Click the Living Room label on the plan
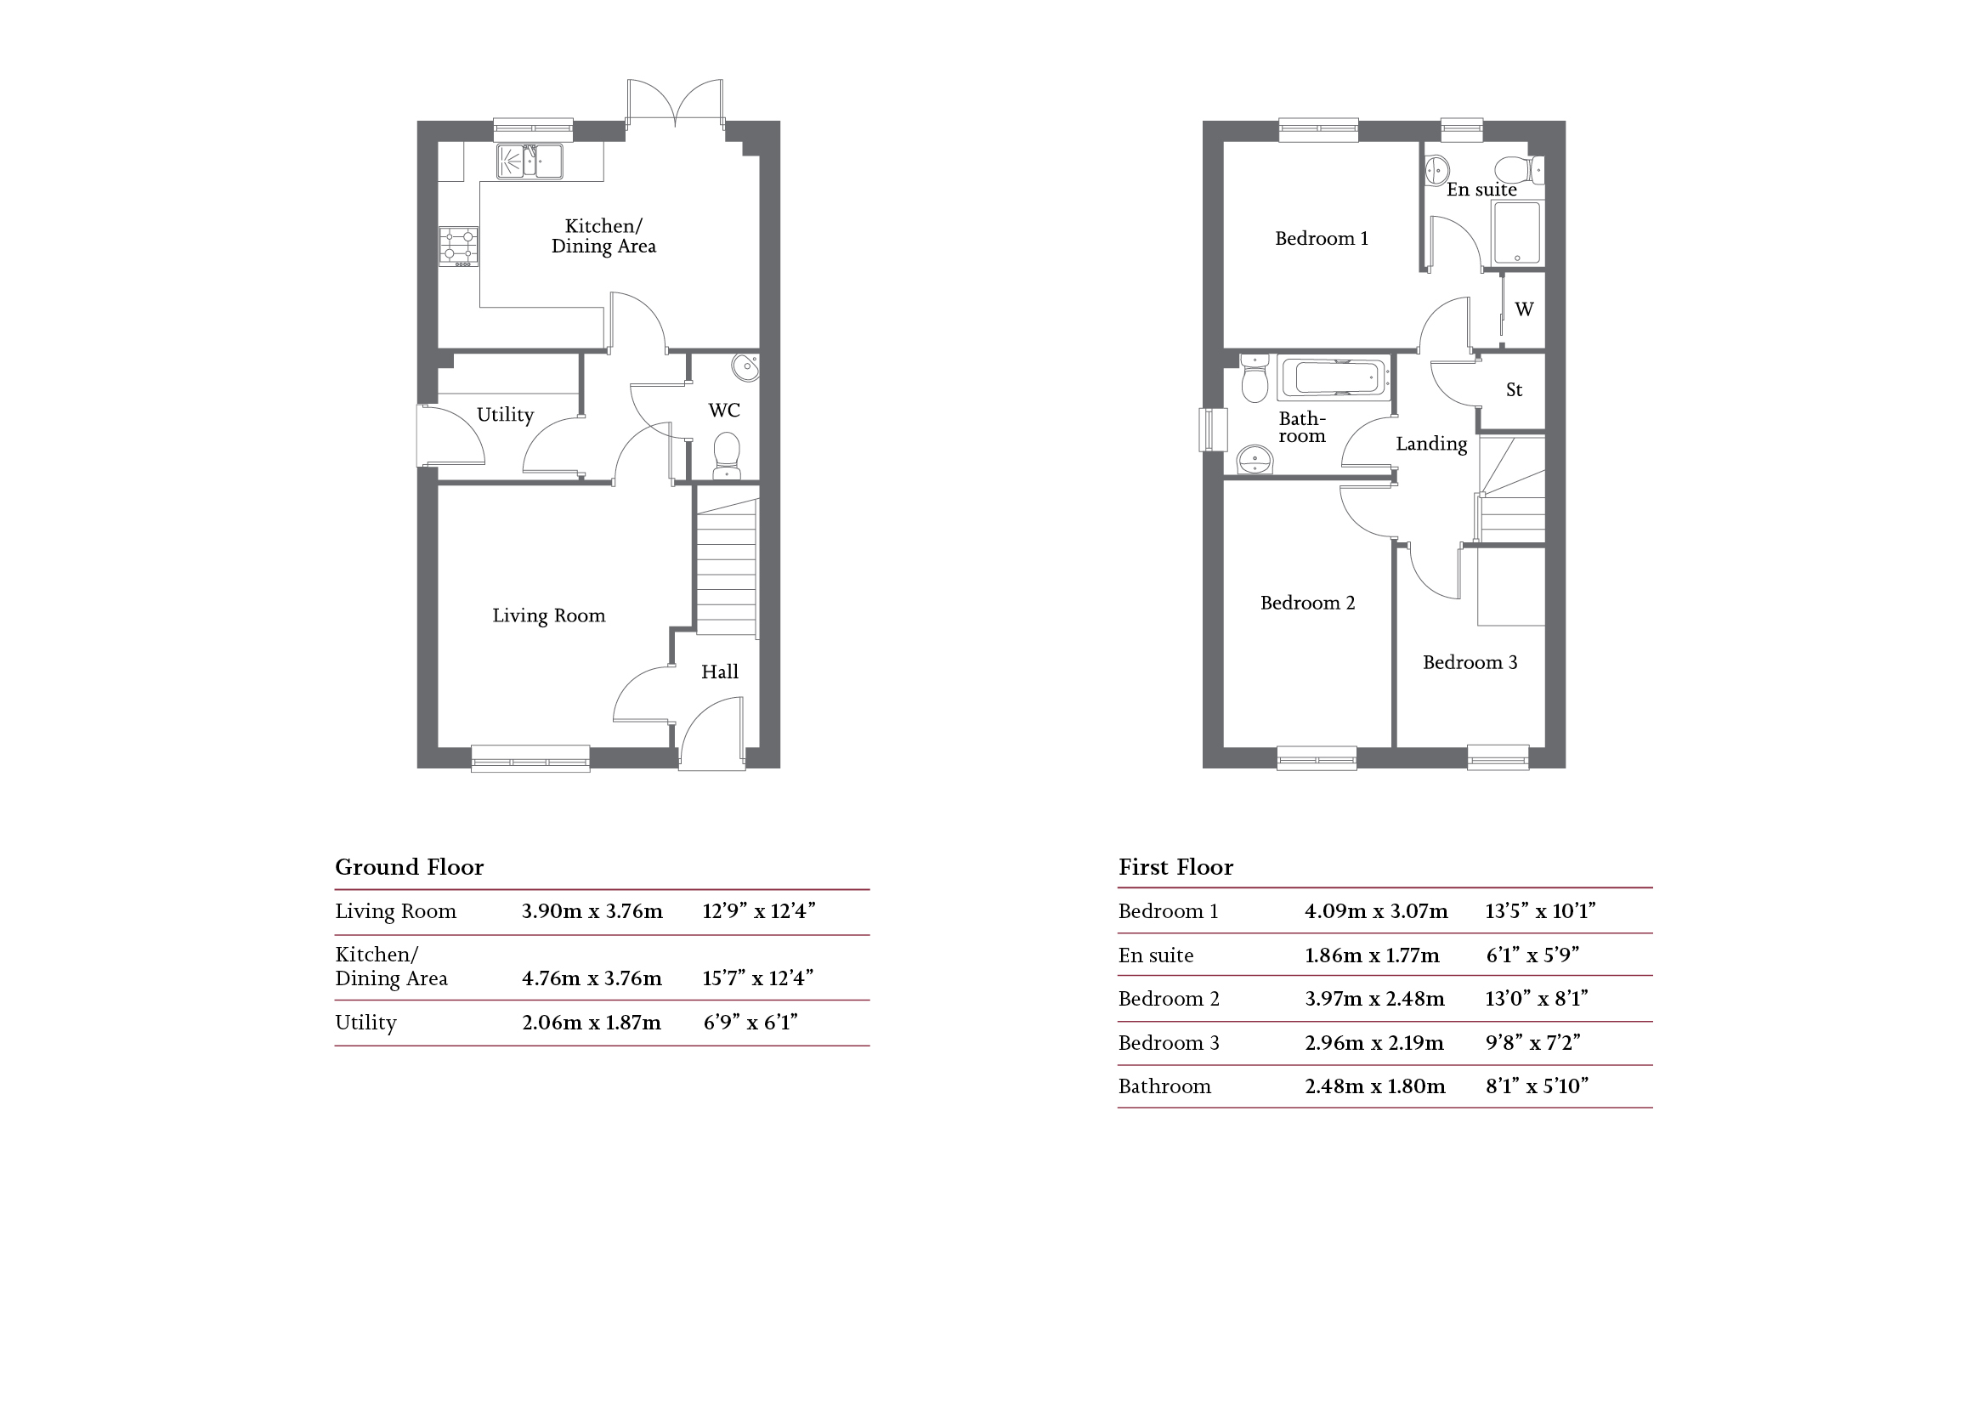click(x=548, y=615)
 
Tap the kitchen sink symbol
click(x=529, y=161)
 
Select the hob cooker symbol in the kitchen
click(x=458, y=246)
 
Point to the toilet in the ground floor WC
click(x=727, y=456)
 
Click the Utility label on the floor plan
click(x=505, y=415)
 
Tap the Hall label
click(x=720, y=672)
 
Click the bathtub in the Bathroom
click(x=1334, y=378)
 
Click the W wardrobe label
click(x=1524, y=309)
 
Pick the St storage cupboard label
click(x=1514, y=390)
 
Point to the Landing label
click(x=1431, y=444)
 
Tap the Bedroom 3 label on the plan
click(x=1470, y=663)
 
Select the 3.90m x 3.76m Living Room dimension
click(x=592, y=911)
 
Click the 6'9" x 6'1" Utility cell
click(x=750, y=1023)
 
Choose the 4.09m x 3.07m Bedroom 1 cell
click(x=1376, y=911)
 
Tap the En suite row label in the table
click(x=1155, y=955)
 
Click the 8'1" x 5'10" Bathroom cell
click(x=1536, y=1086)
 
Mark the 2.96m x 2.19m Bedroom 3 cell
click(x=1374, y=1043)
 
